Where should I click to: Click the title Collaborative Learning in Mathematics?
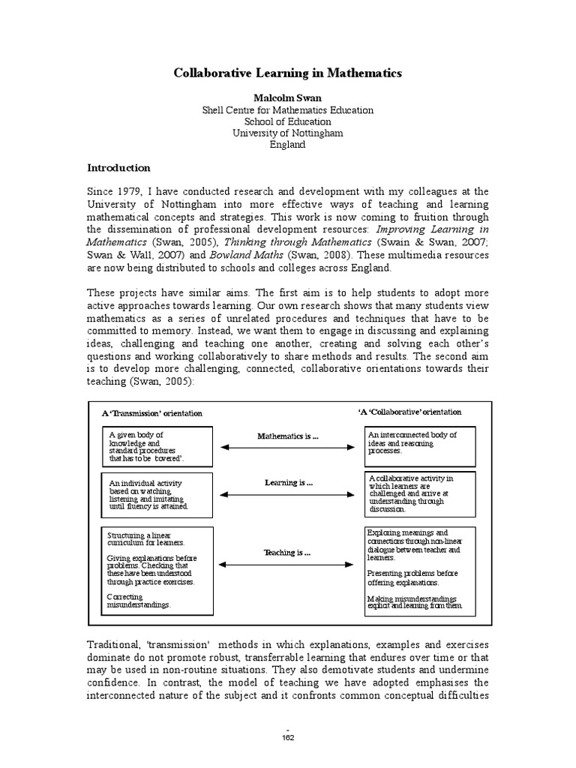pos(288,73)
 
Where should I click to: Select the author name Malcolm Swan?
pos(288,97)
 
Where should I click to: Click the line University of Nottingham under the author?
pos(288,133)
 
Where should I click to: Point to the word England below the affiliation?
pos(288,145)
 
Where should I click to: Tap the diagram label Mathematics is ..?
pos(287,436)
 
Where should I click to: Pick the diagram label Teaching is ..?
pos(286,552)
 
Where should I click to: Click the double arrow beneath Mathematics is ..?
pos(287,448)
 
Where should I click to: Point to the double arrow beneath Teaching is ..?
pos(287,564)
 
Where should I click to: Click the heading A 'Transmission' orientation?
pos(152,413)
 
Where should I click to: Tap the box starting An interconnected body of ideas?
pos(419,444)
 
